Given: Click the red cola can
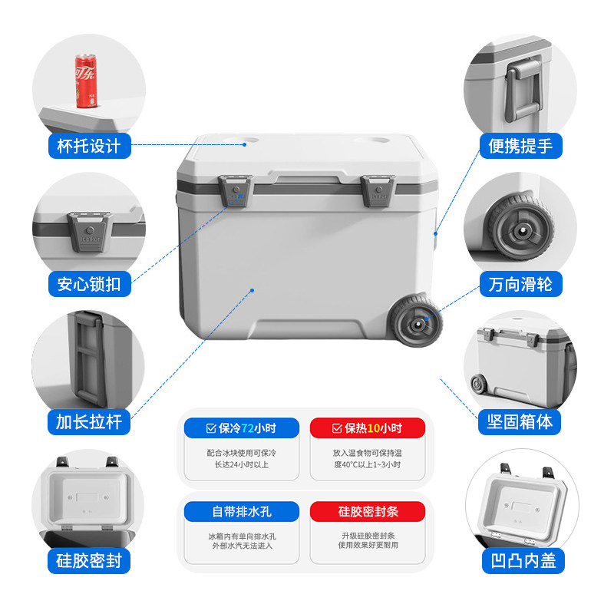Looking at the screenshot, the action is pos(86,81).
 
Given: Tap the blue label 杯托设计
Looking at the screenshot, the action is pos(89,146).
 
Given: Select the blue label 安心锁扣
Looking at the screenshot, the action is pos(89,284).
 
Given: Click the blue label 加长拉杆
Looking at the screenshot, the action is pos(89,422).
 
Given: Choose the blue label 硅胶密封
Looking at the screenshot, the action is pos(89,561).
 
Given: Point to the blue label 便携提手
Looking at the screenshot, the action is pos(521,146).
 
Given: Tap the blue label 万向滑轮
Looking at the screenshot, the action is pos(521,284).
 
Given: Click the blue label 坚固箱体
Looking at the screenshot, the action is pos(520,422).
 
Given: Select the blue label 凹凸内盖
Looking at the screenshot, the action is pos(523,561).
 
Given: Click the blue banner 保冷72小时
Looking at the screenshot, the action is pos(242,428).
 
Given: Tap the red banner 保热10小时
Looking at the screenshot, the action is pos(368,428).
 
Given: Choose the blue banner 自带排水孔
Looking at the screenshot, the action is pos(242,511).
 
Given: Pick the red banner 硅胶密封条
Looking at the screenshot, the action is pos(368,511).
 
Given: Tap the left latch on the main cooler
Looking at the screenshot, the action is pos(236,190).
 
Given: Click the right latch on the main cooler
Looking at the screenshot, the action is pos(378,190).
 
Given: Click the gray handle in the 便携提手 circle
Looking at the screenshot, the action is pos(523,89).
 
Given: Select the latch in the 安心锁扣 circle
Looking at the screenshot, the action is pos(90,233).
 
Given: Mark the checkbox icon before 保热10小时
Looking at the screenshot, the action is pos(337,428).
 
